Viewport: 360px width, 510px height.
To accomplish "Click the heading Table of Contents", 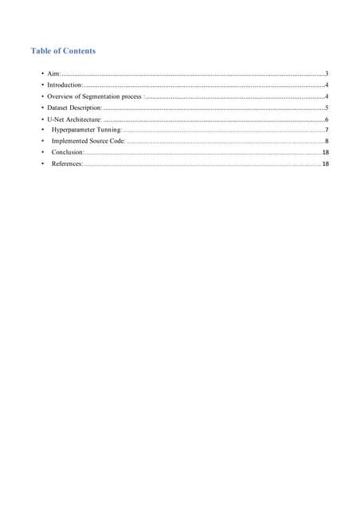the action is point(63,51).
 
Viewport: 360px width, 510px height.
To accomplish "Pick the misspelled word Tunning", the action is point(111,129).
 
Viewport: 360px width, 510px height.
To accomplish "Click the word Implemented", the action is point(69,140).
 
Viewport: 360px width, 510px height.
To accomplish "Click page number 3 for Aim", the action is point(327,73).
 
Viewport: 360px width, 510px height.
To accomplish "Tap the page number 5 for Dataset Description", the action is point(327,107).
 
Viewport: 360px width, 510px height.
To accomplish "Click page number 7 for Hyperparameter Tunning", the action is point(327,129).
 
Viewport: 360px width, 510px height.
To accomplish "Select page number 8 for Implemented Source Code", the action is point(327,140).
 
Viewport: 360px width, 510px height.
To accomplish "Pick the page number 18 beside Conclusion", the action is point(326,151).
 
